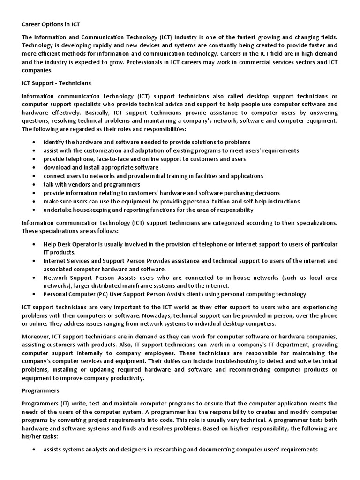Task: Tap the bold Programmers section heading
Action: click(40, 390)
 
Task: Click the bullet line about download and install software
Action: click(101, 167)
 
